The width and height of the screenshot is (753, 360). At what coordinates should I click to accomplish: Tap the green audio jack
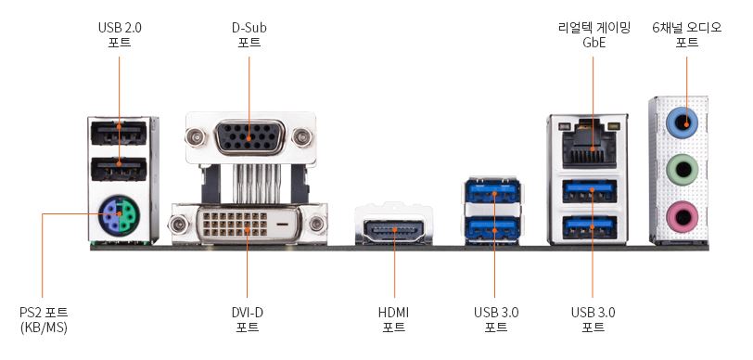tap(682, 170)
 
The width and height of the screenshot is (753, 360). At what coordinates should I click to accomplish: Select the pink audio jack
tap(682, 217)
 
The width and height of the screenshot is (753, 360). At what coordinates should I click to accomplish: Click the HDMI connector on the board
tap(394, 231)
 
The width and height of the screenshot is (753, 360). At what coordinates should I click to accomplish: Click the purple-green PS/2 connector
tap(119, 216)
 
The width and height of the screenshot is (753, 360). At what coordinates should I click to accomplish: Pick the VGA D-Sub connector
tap(249, 138)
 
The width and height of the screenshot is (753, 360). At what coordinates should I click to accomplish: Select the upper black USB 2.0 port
tap(119, 133)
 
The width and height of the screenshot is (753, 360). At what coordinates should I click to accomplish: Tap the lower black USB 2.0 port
tap(119, 169)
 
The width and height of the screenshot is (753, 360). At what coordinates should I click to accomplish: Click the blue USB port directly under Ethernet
tap(589, 191)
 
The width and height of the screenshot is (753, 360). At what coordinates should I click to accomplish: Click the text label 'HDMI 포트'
tap(394, 320)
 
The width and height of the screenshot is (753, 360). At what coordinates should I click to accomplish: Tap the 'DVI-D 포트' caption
tap(247, 320)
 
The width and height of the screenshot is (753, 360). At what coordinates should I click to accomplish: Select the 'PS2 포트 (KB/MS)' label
tap(44, 320)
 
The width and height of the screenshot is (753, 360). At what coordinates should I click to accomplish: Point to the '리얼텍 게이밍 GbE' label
tap(593, 34)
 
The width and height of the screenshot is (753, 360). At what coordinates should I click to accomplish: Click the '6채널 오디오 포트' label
tap(687, 34)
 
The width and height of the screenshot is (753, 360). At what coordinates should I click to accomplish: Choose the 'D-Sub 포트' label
tap(249, 34)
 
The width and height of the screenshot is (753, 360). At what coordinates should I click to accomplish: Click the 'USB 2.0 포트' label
tap(120, 34)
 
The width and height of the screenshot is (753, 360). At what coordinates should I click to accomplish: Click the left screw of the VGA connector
tap(196, 138)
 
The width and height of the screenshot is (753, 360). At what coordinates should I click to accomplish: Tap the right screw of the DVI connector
tap(316, 224)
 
